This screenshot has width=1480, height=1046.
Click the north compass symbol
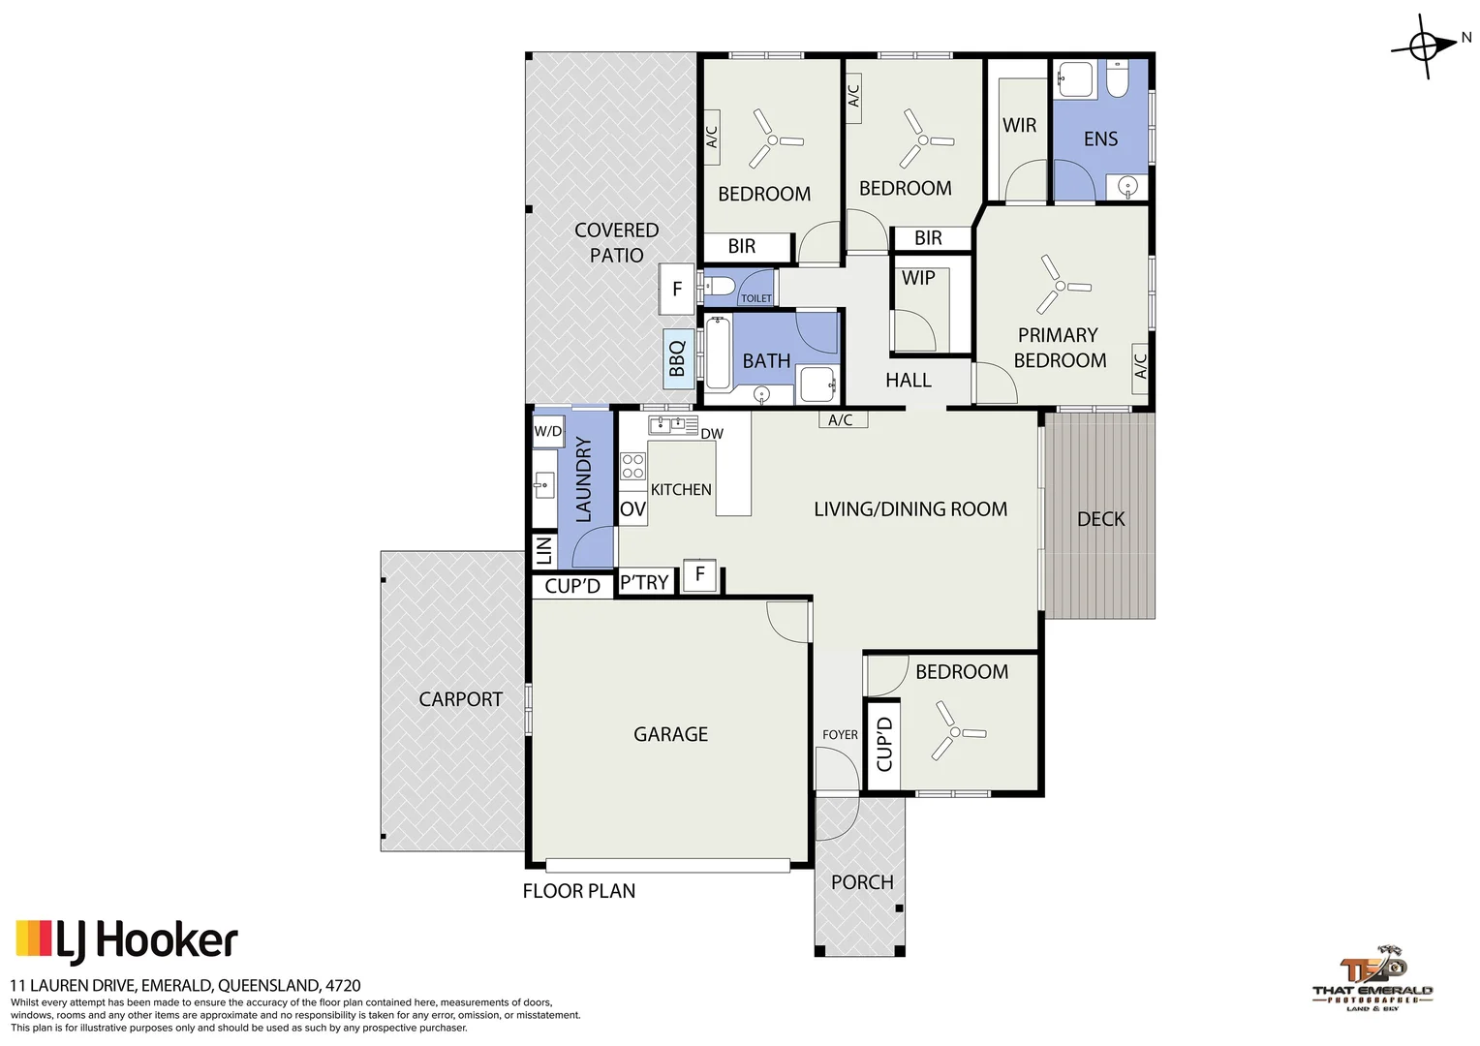coord(1424,46)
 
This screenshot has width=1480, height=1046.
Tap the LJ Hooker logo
coord(127,940)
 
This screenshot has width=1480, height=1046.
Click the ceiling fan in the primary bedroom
coord(1061,286)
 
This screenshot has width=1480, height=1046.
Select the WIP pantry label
coord(918,278)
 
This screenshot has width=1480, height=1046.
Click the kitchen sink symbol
coord(672,424)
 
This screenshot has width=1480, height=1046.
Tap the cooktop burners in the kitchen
coord(632,467)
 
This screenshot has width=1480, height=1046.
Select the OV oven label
coord(632,509)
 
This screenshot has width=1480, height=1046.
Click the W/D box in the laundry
coord(547,432)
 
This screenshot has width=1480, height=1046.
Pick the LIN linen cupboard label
coord(543,550)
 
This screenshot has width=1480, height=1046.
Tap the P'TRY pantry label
coord(644,582)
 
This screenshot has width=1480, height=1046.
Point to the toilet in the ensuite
coord(1117,80)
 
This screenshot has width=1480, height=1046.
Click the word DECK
coord(1100,519)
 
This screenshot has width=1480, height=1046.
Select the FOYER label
coord(840,735)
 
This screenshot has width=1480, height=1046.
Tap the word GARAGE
coord(670,734)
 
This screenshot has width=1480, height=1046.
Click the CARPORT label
coord(460,699)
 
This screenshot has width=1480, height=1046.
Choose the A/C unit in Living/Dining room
coord(841,420)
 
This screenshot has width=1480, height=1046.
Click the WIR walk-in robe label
coord(1019,125)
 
